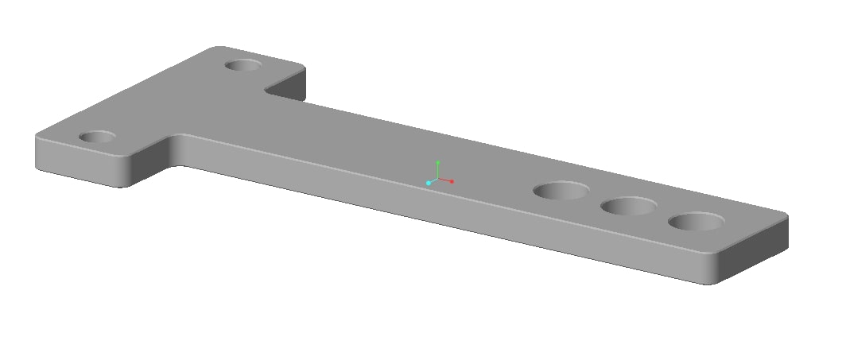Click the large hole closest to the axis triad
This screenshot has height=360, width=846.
click(561, 191)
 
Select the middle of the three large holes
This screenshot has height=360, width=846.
click(629, 207)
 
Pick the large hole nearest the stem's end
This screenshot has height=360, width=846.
click(696, 221)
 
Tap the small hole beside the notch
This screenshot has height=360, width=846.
click(244, 64)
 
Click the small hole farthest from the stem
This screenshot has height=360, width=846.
click(98, 137)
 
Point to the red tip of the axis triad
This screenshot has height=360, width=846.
click(452, 181)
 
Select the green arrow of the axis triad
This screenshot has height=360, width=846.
click(437, 169)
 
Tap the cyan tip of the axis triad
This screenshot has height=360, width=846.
click(429, 183)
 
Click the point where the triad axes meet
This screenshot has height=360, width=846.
click(437, 179)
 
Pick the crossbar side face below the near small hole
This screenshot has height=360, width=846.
click(80, 163)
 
